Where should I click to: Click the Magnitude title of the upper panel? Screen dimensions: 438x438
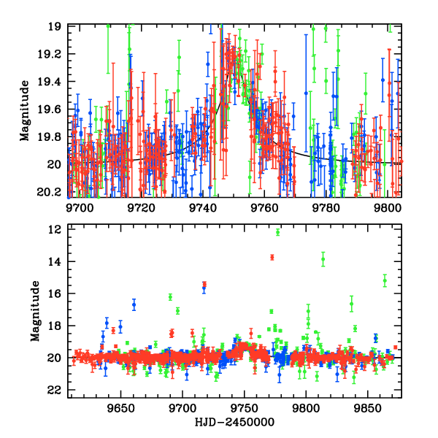[x=25, y=110]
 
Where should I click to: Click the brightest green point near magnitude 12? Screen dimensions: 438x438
[x=278, y=232]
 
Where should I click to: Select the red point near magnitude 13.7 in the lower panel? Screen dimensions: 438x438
[x=272, y=257]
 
